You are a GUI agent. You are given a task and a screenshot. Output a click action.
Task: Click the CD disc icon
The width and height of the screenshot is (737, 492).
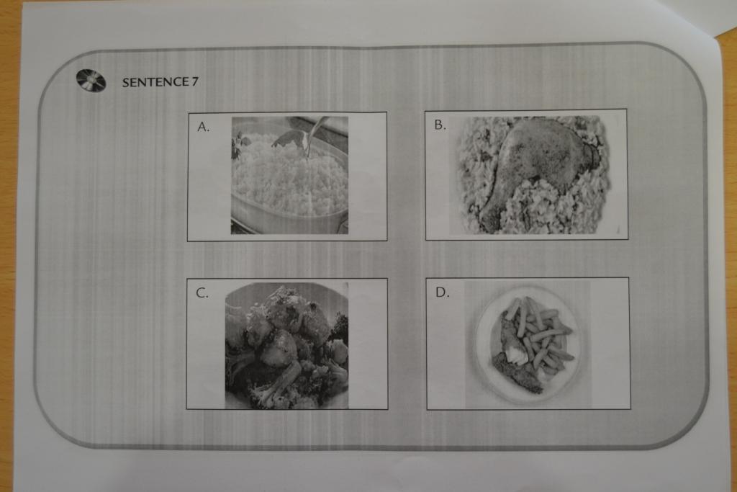tap(91, 81)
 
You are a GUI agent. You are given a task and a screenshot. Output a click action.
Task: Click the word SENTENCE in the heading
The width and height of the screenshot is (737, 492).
tap(155, 82)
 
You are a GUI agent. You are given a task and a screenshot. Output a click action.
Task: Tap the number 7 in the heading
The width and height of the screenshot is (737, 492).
tap(194, 82)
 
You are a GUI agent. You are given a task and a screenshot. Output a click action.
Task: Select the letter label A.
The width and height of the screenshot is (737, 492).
tap(203, 127)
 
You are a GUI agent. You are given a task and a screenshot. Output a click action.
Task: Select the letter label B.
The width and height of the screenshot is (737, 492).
tap(440, 125)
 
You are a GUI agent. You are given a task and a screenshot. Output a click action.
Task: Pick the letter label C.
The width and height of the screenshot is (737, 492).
tap(202, 293)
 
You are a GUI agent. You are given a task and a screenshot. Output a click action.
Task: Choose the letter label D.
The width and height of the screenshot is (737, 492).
tap(443, 292)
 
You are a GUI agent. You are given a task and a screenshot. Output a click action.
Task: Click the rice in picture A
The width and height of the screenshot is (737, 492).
tap(289, 176)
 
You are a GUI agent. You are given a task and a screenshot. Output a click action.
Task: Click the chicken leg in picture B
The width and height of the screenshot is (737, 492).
tap(535, 165)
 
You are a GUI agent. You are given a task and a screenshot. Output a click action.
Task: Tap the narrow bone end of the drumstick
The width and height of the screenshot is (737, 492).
tap(489, 219)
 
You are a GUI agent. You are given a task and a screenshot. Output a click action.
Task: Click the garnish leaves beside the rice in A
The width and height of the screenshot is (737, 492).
tap(239, 143)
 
